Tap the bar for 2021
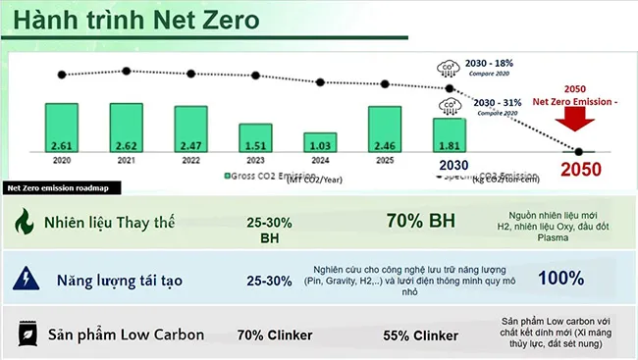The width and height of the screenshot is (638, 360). [127, 128]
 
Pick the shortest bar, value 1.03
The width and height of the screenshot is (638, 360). [320, 141]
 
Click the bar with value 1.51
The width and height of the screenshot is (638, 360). [255, 137]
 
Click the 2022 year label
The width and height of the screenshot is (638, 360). [190, 159]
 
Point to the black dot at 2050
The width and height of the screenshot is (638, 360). [579, 151]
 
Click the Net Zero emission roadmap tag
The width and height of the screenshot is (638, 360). [57, 187]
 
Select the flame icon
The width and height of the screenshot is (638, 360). [22, 223]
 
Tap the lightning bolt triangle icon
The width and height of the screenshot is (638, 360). [22, 281]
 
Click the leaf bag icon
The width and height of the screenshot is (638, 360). [22, 335]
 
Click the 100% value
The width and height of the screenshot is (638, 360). [561, 278]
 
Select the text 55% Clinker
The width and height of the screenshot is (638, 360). [420, 335]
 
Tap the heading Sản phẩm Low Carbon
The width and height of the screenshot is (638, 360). [124, 335]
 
